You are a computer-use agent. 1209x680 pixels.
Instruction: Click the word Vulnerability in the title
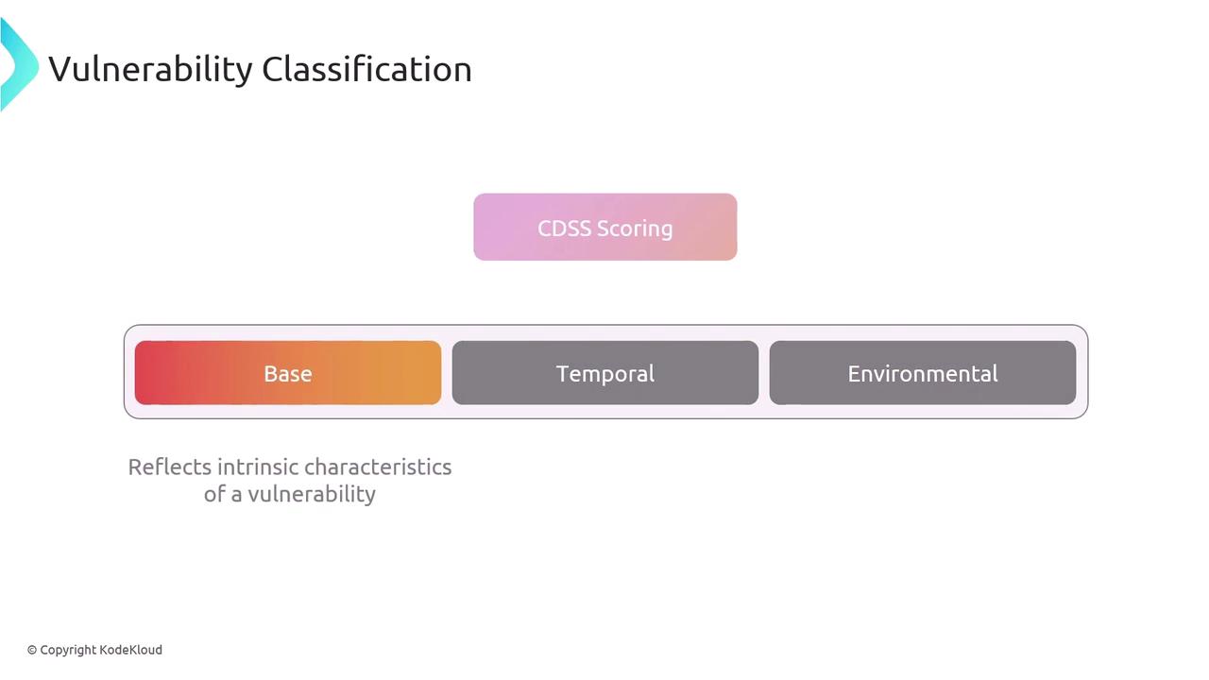(x=150, y=69)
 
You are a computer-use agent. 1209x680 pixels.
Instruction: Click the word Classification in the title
(x=367, y=69)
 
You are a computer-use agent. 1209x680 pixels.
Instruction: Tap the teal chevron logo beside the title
(x=18, y=64)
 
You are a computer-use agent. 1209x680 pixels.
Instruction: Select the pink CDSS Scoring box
(x=605, y=228)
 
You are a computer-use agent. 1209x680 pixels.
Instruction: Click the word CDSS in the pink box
(x=564, y=229)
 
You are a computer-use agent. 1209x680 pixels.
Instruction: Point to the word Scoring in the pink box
(x=636, y=229)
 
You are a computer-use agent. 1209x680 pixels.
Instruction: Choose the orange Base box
(x=288, y=372)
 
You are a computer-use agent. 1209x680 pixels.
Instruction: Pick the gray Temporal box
(x=605, y=372)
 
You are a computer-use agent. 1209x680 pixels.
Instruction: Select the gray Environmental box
(x=923, y=372)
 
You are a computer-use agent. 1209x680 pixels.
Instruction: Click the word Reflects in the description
(x=169, y=467)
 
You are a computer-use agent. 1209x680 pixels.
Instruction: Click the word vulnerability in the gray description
(x=312, y=494)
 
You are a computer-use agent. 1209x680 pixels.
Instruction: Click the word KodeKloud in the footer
(x=130, y=650)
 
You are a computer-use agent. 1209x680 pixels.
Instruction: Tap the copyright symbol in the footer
(x=32, y=651)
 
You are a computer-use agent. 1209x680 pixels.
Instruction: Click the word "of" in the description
(x=214, y=494)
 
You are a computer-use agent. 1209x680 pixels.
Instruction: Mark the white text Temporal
(x=605, y=374)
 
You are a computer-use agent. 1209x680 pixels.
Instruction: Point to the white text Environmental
(x=923, y=373)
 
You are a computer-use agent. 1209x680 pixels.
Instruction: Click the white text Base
(x=288, y=373)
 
